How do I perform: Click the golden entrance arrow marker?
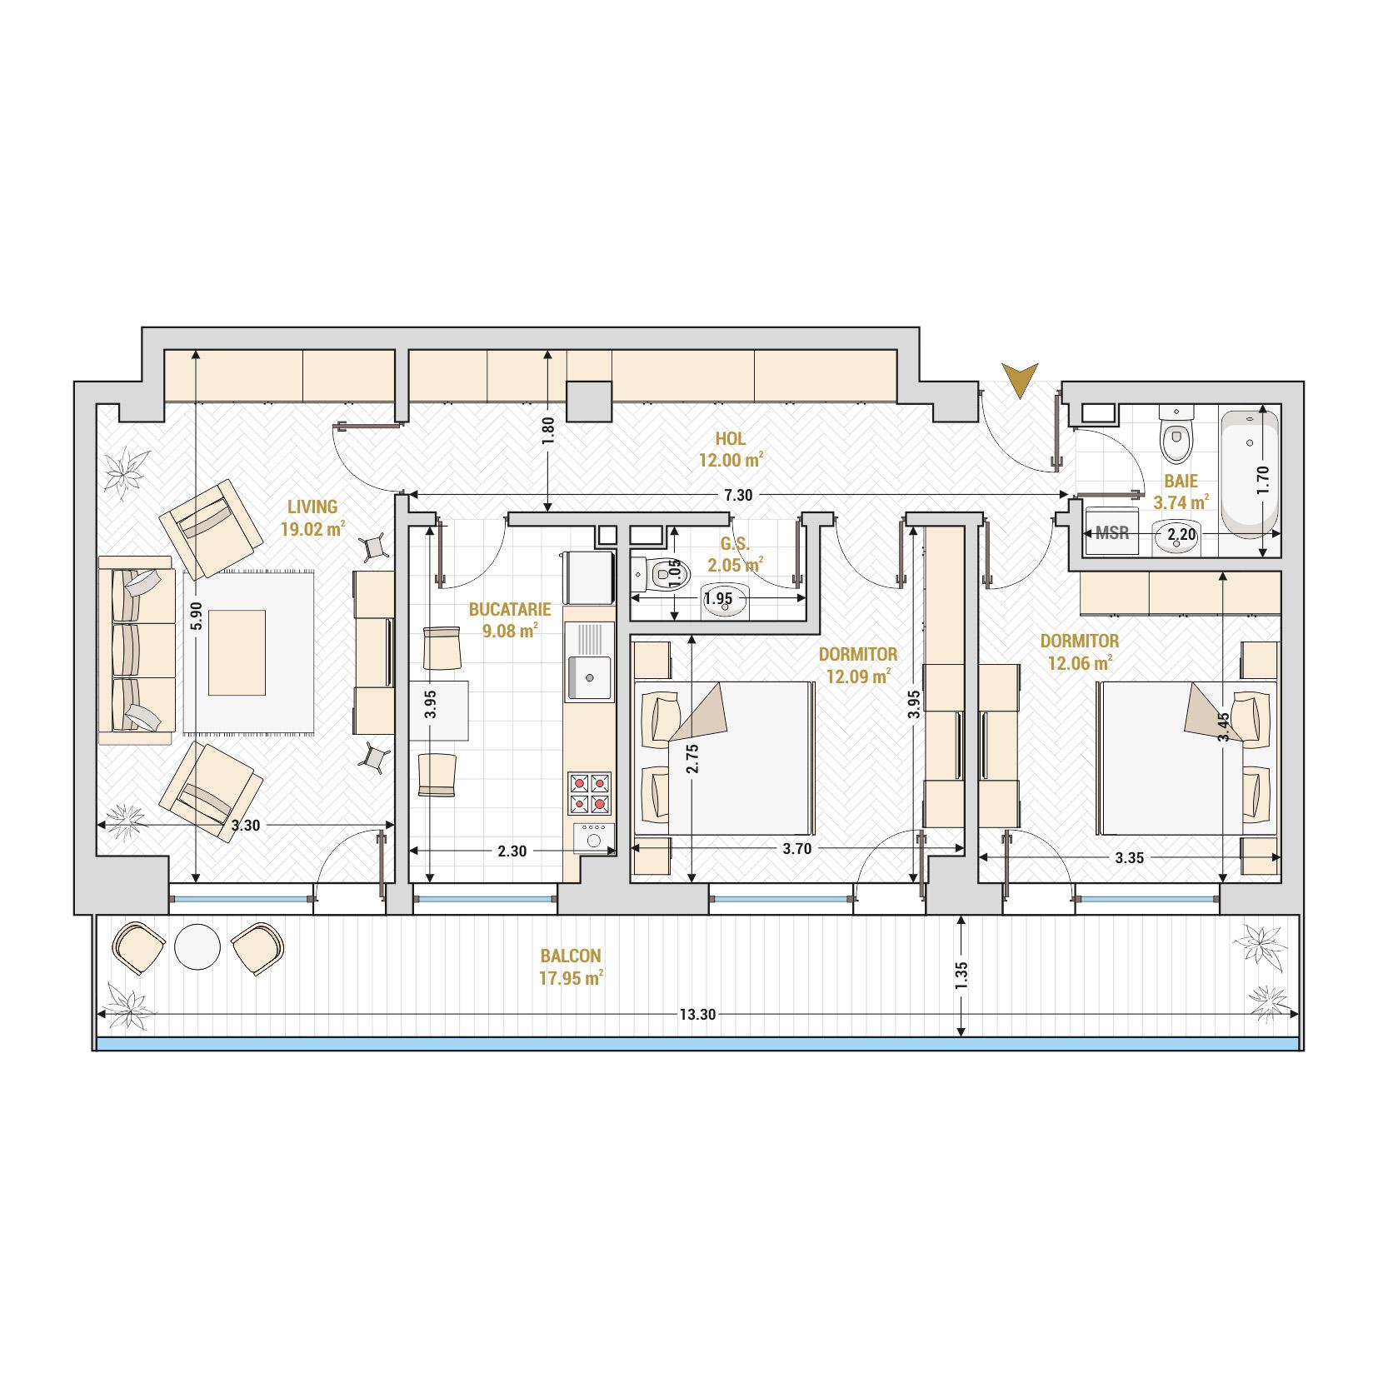click(1021, 380)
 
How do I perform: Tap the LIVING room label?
click(312, 507)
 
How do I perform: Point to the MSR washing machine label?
click(1112, 532)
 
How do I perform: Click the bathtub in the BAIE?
click(1250, 472)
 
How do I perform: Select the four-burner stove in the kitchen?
click(589, 793)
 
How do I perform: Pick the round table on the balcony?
click(197, 947)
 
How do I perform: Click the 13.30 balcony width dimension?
click(697, 1014)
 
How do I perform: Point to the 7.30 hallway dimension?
click(738, 495)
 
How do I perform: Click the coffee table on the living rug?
click(237, 652)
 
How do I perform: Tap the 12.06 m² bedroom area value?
click(1080, 663)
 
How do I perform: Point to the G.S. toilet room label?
click(735, 543)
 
